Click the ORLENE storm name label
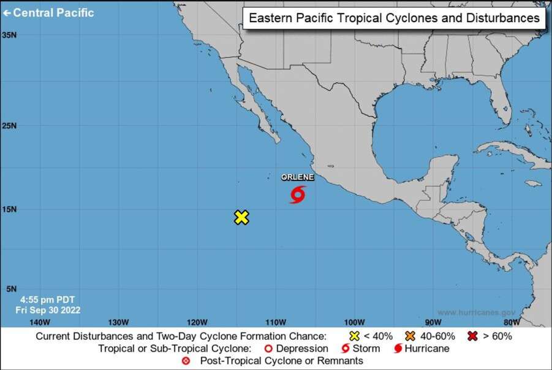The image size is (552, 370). tap(298, 177)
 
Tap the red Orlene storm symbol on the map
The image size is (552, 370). tap(298, 195)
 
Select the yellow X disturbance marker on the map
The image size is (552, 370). tap(241, 217)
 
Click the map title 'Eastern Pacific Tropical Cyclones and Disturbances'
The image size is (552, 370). tap(395, 18)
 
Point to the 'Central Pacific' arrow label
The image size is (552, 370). tap(48, 12)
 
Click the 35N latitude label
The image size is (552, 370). tap(9, 35)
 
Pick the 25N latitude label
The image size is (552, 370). tap(9, 126)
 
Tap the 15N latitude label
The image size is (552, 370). tap(9, 209)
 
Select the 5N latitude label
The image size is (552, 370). tap(9, 289)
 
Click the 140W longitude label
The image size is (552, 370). tap(39, 322)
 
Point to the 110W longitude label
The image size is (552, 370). tap(276, 322)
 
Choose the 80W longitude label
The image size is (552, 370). tap(512, 322)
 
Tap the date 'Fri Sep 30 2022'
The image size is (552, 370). tap(48, 310)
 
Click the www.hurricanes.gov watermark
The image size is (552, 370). tap(480, 312)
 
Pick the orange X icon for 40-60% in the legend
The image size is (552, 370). tap(410, 336)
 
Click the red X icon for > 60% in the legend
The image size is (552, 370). tap(473, 336)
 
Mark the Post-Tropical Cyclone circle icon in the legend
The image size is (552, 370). tap(186, 361)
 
